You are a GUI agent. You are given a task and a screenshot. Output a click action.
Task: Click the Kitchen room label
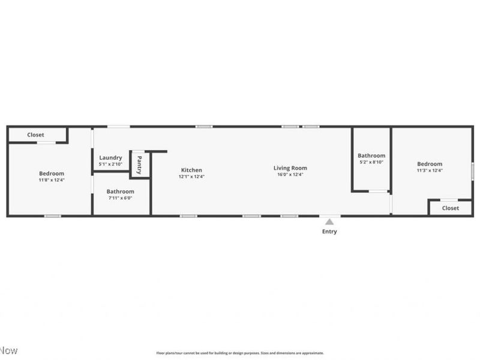(191, 170)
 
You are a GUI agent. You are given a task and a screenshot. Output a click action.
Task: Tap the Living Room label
(290, 168)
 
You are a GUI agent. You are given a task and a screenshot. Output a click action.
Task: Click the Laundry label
(110, 158)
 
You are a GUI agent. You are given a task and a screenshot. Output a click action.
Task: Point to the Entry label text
(329, 232)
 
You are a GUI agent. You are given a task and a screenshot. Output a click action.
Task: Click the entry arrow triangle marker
(329, 222)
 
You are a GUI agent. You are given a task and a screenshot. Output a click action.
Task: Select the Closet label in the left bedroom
(35, 135)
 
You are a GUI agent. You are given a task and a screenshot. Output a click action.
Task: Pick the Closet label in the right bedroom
(450, 208)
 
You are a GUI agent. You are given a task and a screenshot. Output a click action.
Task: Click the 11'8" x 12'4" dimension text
(52, 179)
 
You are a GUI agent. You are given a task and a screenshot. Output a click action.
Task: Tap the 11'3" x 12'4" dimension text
(430, 170)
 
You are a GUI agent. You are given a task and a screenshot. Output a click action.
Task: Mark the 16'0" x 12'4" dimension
(290, 175)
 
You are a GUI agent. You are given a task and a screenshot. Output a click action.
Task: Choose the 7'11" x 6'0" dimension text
(120, 198)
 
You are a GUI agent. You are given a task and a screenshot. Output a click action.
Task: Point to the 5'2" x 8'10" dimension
(371, 162)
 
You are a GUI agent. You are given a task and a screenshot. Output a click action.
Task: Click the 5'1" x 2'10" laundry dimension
(110, 164)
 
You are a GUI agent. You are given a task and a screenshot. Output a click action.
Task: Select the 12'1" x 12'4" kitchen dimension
(191, 176)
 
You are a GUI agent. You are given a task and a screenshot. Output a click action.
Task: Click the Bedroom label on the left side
(52, 173)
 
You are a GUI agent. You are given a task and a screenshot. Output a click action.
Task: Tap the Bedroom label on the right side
(430, 164)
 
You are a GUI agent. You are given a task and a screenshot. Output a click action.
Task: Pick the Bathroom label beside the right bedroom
(371, 155)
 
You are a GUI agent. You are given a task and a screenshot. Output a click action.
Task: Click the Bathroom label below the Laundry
(120, 191)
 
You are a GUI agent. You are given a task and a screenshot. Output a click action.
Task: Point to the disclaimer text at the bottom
(240, 353)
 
